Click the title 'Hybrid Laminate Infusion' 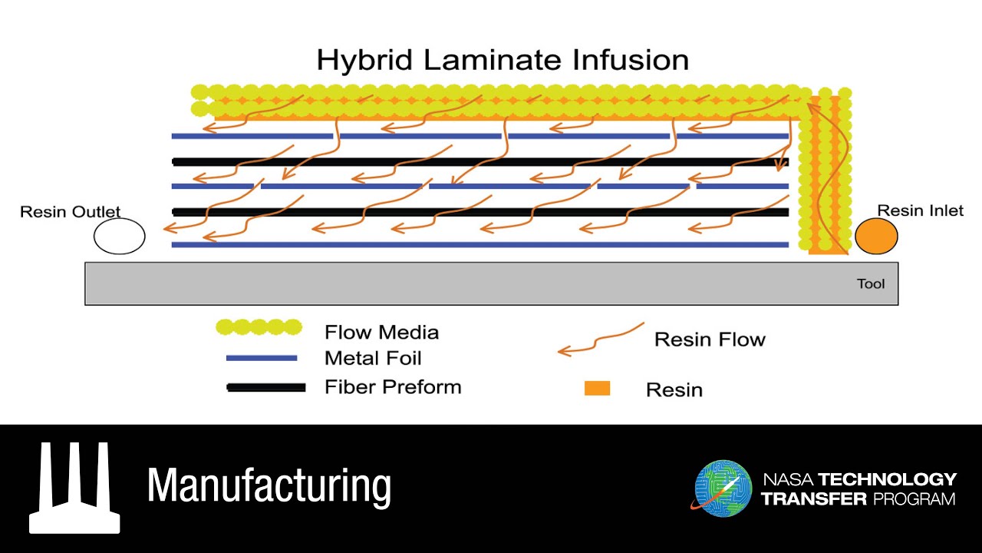[x=503, y=60]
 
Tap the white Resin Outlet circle [x=120, y=236]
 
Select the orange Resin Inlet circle [x=876, y=236]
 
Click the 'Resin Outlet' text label [x=71, y=212]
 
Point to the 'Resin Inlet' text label [x=920, y=210]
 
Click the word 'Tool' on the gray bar [x=871, y=284]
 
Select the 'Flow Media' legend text [x=381, y=333]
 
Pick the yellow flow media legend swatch [x=259, y=328]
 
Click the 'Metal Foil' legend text [x=373, y=358]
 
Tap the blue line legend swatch [x=262, y=358]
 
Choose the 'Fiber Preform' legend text [x=393, y=386]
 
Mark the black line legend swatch [x=266, y=387]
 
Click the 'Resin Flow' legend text [x=710, y=339]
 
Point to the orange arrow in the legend [x=601, y=339]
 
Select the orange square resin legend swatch [x=597, y=388]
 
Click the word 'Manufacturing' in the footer [x=269, y=485]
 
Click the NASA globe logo [x=723, y=488]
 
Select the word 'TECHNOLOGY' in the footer [x=888, y=479]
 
